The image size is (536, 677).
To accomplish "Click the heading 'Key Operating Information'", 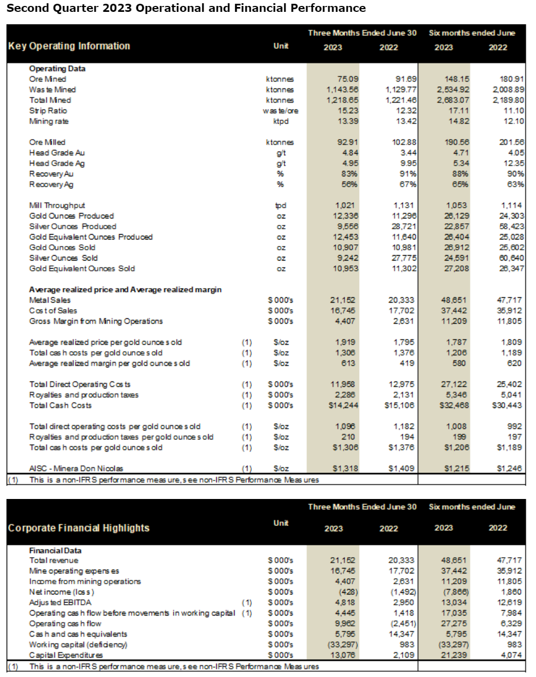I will pos(69,46).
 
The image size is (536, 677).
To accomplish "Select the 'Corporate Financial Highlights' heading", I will pos(79,528).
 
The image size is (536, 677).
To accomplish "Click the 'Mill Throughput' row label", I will pos(57,206).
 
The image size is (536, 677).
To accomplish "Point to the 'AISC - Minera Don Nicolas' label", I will pos(76,468).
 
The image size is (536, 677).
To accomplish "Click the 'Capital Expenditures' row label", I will pos(66,655).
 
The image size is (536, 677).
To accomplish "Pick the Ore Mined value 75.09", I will pos(348,79).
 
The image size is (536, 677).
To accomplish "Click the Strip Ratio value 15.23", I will pos(348,111).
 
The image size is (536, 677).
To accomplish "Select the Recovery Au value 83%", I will pos(349,174).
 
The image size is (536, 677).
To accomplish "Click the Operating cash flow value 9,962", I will pos(345,624).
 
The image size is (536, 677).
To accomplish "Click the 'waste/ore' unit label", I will pos(280,111).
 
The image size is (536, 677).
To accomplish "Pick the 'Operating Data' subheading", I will pos(57,69).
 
